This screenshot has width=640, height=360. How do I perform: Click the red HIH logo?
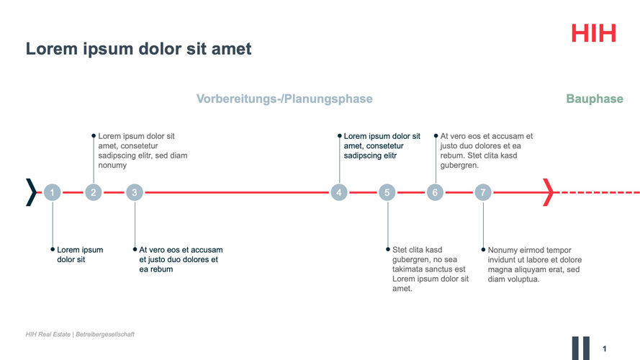coord(593,33)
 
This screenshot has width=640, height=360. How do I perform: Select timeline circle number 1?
coord(53,192)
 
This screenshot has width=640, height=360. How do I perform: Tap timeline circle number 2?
coord(94,192)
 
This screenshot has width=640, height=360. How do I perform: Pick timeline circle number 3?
coord(135,192)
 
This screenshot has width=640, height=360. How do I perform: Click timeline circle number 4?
coord(339,192)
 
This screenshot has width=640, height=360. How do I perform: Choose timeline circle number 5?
coord(387,192)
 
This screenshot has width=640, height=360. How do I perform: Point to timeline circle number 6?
coord(435,192)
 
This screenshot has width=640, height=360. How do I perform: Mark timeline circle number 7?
coord(483,192)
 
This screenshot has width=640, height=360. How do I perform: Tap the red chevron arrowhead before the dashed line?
coord(550,192)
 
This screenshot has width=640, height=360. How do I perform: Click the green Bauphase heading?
coord(595,99)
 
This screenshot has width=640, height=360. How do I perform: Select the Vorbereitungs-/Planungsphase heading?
coord(284,99)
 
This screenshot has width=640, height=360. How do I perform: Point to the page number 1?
coord(605,349)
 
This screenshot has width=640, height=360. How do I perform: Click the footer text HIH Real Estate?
coord(48,334)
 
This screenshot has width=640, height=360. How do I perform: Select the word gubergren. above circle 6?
coord(459,166)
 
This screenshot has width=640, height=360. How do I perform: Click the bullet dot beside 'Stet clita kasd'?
coord(388,249)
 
